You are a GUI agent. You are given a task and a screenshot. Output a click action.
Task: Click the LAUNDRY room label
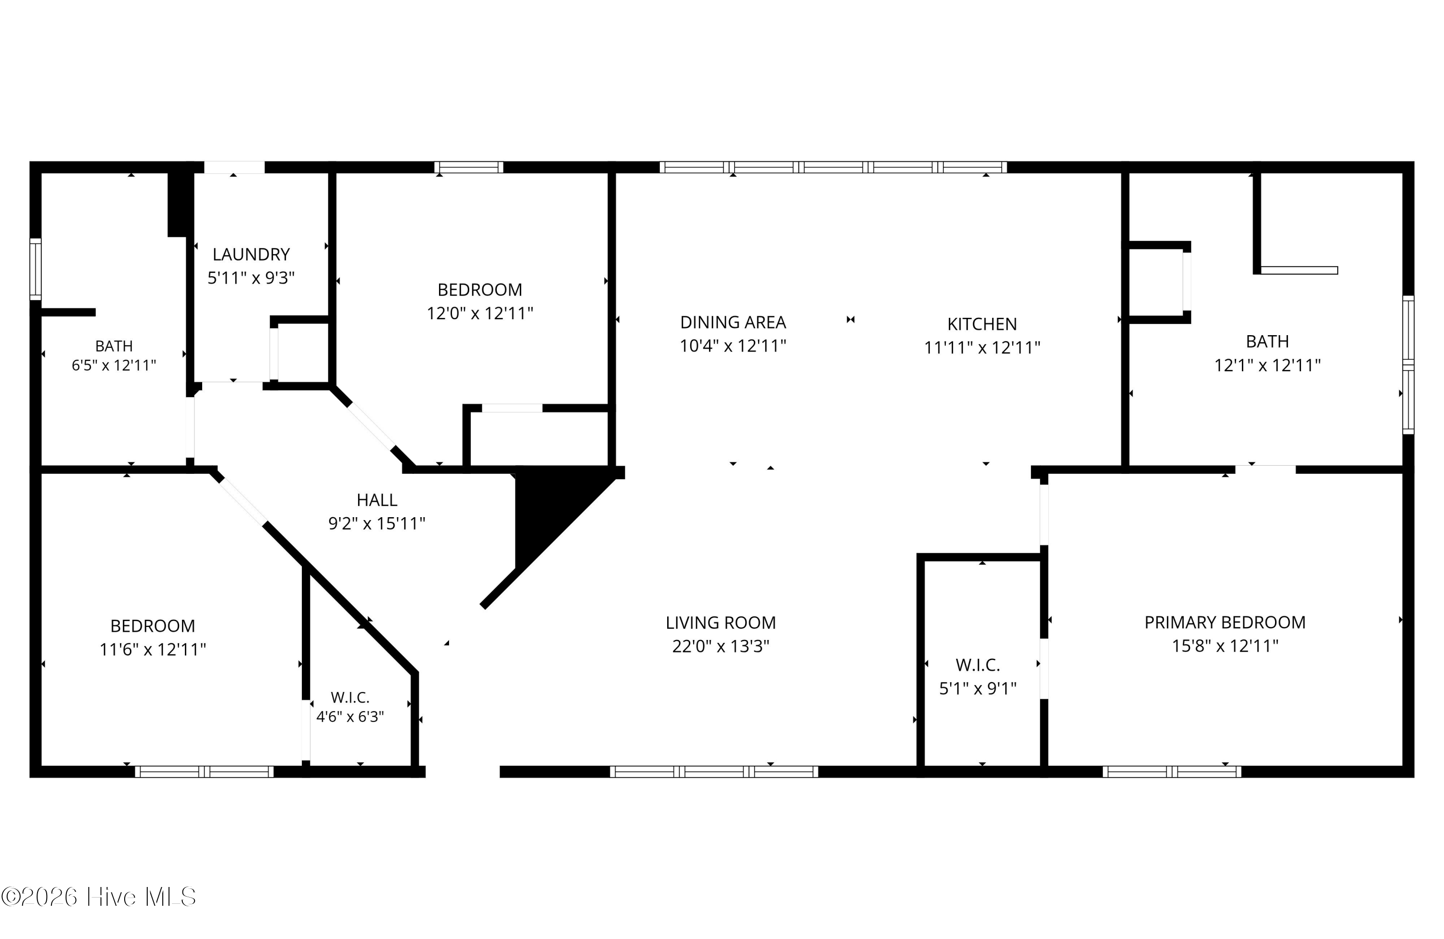click(x=251, y=254)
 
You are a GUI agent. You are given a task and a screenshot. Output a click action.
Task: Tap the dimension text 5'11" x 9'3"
click(x=251, y=278)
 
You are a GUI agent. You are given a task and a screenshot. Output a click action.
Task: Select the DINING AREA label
click(x=733, y=322)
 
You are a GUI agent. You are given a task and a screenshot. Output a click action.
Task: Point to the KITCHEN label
click(x=982, y=324)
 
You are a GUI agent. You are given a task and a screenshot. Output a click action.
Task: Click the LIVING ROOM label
click(x=721, y=623)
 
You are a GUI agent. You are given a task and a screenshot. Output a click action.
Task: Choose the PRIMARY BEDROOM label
click(x=1225, y=623)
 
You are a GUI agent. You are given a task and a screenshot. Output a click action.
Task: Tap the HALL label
click(x=377, y=500)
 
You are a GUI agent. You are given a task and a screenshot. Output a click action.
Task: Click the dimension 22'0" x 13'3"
click(x=721, y=646)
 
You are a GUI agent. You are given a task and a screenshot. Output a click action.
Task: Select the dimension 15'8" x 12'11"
click(x=1225, y=646)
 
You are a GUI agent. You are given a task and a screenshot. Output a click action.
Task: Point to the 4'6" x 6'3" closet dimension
click(x=350, y=717)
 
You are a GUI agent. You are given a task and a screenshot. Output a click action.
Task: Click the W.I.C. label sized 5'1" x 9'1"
click(x=978, y=665)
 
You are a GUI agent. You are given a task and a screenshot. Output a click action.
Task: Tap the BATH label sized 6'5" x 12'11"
click(x=114, y=346)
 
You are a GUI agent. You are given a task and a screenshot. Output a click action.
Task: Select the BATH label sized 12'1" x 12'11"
click(x=1267, y=342)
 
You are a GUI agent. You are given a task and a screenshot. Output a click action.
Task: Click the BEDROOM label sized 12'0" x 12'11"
click(x=480, y=290)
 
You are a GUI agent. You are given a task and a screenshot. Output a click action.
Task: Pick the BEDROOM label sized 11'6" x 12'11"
click(x=153, y=626)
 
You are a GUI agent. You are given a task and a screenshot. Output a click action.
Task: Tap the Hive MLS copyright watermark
click(x=99, y=897)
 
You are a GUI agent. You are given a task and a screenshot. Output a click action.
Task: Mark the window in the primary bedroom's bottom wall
click(x=1172, y=772)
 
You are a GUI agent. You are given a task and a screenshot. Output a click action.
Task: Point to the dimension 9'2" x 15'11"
click(x=377, y=524)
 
